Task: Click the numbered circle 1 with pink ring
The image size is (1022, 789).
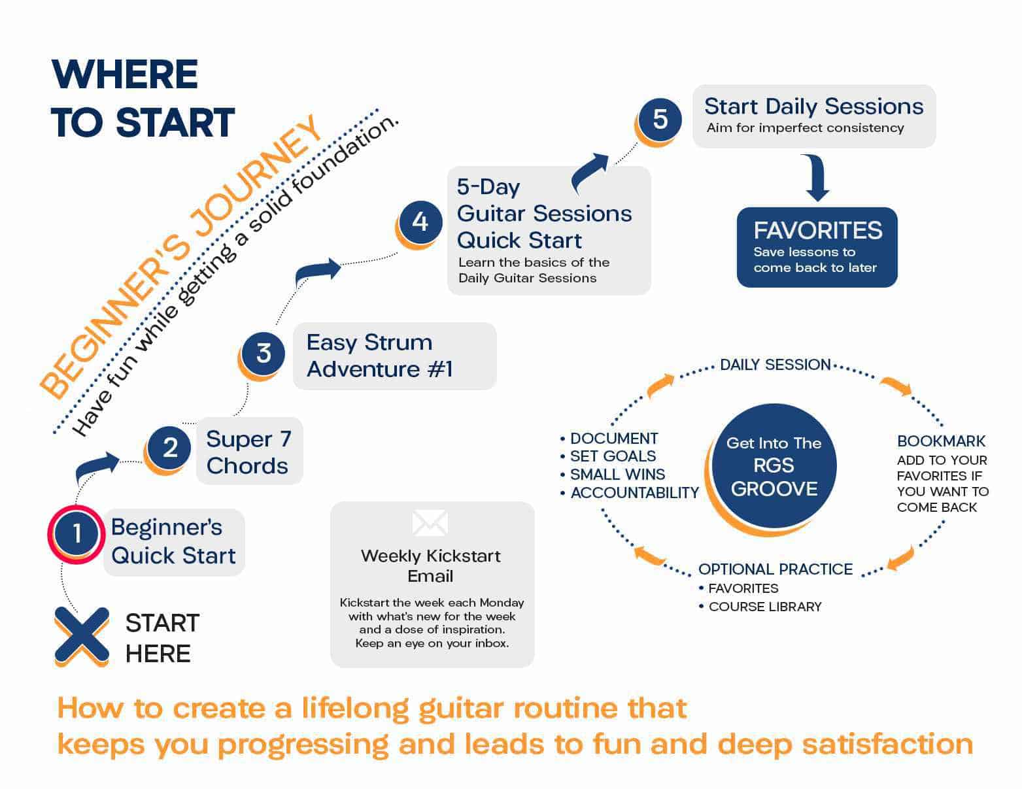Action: point(76,533)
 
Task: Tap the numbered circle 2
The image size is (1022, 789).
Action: point(169,448)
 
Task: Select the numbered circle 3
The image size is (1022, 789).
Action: point(263,353)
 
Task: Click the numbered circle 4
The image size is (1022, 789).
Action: point(420,222)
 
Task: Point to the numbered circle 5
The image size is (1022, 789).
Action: point(660,119)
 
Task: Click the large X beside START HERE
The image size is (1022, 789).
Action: point(82,635)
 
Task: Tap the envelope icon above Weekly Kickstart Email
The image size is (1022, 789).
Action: point(430,523)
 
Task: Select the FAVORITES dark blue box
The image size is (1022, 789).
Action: point(817,247)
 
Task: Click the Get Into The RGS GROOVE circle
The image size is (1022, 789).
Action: point(774,465)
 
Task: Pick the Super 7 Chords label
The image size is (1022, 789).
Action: point(248,452)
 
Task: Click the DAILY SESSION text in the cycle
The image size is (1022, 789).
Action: point(775,365)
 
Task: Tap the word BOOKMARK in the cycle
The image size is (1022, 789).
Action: point(941,441)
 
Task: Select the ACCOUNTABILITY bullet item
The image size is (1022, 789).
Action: point(634,493)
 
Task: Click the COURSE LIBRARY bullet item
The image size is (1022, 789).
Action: point(764,607)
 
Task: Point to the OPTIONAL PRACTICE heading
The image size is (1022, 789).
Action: point(775,569)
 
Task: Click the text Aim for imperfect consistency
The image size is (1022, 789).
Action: point(805,128)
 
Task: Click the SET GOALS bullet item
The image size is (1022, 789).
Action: point(612,456)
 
